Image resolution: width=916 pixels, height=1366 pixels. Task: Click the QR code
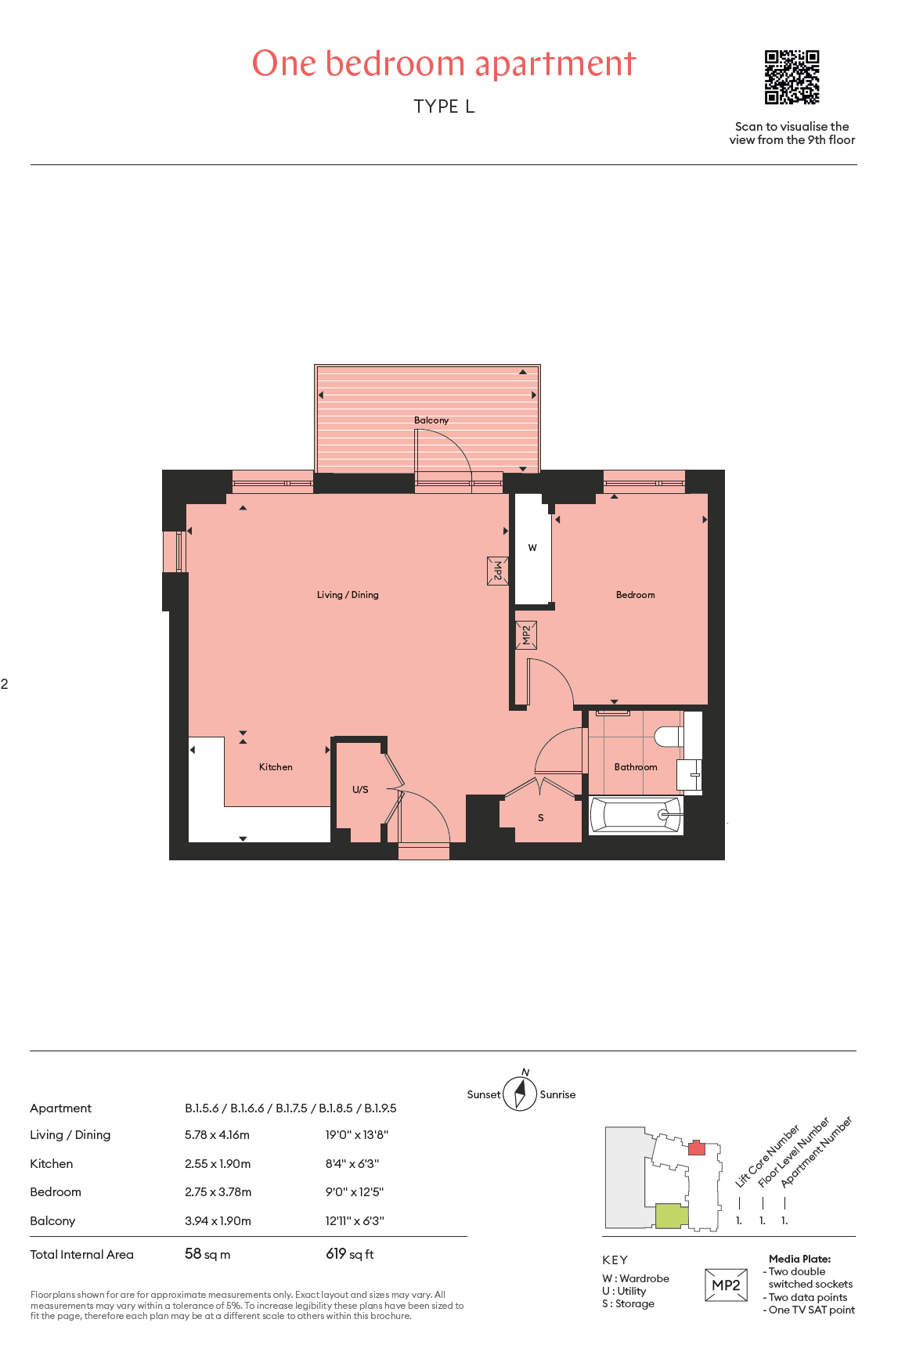click(x=792, y=77)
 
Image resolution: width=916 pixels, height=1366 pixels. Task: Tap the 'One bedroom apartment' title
click(x=444, y=64)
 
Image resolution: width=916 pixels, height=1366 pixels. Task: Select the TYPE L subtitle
click(x=444, y=106)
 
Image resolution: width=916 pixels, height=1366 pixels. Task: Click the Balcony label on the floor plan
click(x=431, y=420)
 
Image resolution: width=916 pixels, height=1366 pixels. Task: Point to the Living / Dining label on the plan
click(x=348, y=595)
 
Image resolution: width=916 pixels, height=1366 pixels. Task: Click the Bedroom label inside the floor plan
click(x=635, y=595)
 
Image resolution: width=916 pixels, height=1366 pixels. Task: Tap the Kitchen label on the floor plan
click(x=276, y=767)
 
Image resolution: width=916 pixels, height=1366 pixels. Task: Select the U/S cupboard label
click(x=360, y=790)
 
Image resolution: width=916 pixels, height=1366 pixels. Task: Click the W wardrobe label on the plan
click(x=532, y=548)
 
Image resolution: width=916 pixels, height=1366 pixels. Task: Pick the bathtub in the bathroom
click(x=636, y=815)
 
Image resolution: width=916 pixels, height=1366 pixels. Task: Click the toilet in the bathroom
click(x=669, y=737)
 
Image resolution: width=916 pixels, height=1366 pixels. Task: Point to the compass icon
click(x=520, y=1093)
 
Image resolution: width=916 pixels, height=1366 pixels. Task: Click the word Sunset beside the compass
click(x=484, y=1095)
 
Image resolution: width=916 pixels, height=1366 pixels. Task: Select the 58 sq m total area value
click(x=207, y=1254)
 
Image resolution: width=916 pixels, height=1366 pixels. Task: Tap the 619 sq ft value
click(x=349, y=1254)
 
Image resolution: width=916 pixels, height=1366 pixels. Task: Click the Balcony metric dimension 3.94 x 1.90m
click(x=218, y=1221)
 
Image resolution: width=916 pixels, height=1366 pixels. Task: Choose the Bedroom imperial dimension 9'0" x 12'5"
click(x=355, y=1192)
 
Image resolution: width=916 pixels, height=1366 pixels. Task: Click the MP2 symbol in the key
click(x=726, y=1285)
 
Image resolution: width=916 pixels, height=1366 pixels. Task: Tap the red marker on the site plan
click(x=697, y=1148)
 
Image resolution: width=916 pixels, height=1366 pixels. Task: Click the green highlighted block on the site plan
click(x=672, y=1216)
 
